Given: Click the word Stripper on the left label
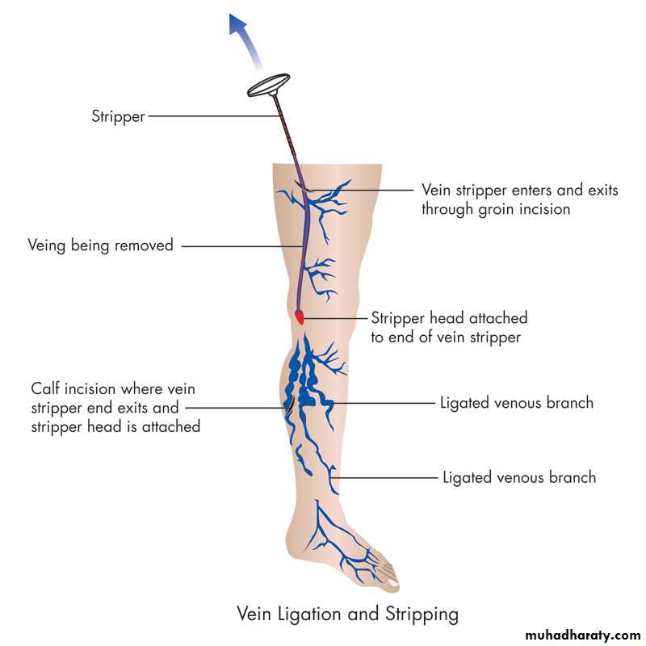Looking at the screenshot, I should [118, 116].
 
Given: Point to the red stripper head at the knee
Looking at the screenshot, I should [300, 317].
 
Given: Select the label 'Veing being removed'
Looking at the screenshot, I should [100, 245].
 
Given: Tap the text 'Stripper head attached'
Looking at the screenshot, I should [449, 318].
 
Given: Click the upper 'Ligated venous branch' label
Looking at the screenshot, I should [517, 402].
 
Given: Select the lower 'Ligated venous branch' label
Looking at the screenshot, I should [519, 477].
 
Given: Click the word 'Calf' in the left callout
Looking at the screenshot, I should [46, 388].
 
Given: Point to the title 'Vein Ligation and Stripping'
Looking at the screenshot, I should [347, 614].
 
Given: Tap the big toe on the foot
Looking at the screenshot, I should [390, 579].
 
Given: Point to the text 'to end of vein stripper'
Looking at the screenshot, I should [446, 338].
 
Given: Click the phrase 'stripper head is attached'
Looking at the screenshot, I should [115, 426].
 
